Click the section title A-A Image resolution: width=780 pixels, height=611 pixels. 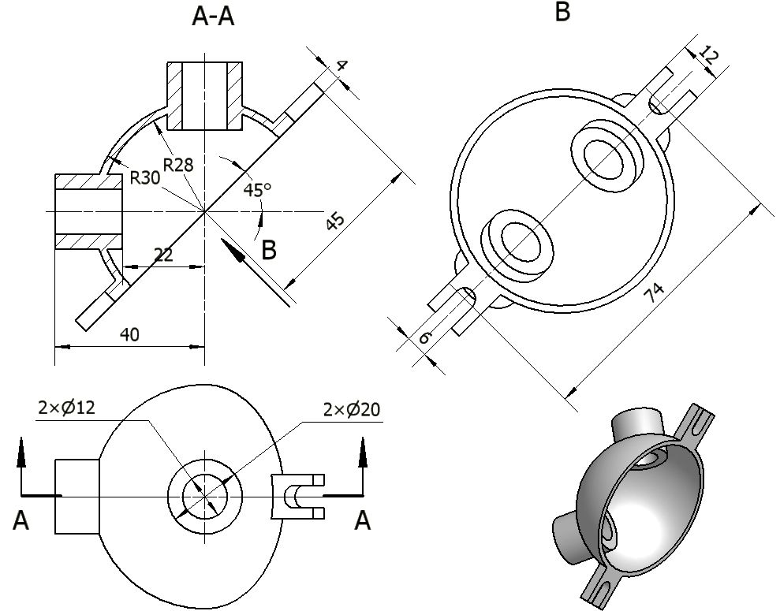pyautogui.click(x=213, y=17)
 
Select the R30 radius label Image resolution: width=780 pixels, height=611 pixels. pyautogui.click(x=145, y=177)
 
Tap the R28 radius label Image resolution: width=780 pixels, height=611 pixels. pyautogui.click(x=179, y=165)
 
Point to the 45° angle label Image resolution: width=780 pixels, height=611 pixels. pyautogui.click(x=257, y=190)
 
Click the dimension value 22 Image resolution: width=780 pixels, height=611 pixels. pyautogui.click(x=163, y=255)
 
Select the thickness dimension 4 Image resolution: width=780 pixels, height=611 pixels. pyautogui.click(x=341, y=65)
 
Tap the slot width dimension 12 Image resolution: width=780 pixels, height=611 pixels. pyautogui.click(x=709, y=58)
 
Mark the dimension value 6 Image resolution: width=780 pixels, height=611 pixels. pyautogui.click(x=425, y=337)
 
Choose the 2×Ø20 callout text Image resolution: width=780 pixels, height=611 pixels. pyautogui.click(x=353, y=410)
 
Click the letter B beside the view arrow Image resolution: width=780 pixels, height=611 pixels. pyautogui.click(x=269, y=251)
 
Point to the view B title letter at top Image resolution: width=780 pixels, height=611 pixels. pyautogui.click(x=562, y=13)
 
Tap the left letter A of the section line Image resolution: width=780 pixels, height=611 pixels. pyautogui.click(x=21, y=521)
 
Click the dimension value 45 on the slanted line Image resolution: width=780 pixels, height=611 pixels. pyautogui.click(x=335, y=222)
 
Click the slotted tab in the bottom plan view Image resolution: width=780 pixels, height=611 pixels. pyautogui.click(x=297, y=496)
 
